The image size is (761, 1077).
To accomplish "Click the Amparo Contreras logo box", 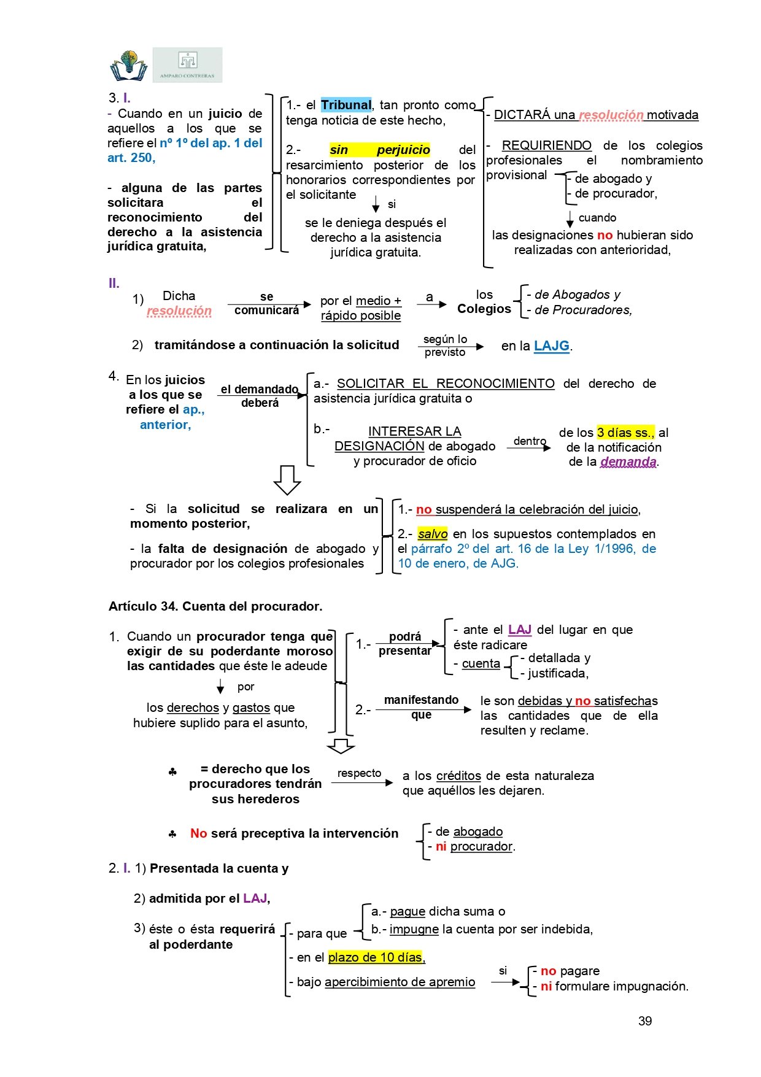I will point(187,65).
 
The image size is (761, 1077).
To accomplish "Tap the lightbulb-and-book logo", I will point(129,66).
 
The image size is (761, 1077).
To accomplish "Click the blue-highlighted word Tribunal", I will point(346,105).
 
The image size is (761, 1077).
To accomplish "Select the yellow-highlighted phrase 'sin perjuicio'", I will point(379,150).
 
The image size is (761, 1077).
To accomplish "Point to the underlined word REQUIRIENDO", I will point(546,145).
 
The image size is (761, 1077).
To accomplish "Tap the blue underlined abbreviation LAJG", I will point(551,345).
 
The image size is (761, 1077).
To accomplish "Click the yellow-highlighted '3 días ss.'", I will point(625,432).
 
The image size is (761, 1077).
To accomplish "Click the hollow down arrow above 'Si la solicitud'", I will point(287,480).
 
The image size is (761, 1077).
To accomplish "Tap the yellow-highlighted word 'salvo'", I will point(432,534).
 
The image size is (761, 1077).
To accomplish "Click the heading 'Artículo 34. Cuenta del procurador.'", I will point(215,606).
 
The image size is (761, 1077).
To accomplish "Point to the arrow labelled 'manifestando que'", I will point(423,710).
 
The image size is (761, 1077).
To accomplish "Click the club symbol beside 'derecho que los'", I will point(172,772).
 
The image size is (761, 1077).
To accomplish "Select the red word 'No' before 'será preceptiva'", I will point(198,833).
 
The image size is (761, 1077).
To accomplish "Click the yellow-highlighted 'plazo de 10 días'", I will point(376,957).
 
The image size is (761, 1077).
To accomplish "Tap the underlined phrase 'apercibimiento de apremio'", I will point(400,982).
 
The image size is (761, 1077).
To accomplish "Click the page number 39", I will point(645,1021).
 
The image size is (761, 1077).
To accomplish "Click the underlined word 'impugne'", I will point(414,929).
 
